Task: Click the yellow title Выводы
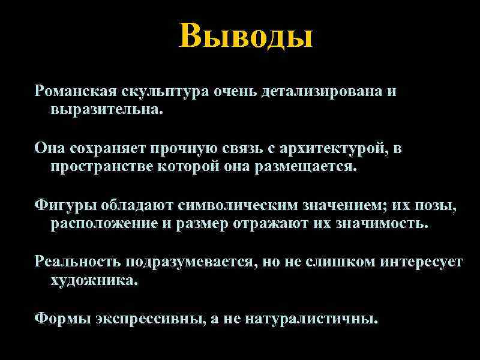[x=246, y=36]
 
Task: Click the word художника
[x=94, y=280]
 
